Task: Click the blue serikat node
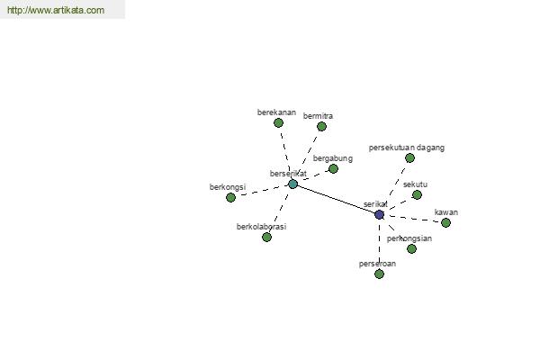[379, 214]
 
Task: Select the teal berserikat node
[292, 184]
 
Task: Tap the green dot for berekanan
[278, 122]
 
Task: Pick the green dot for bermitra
[321, 126]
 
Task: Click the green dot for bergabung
[333, 169]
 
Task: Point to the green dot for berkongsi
[230, 197]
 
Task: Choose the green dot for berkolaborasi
[266, 237]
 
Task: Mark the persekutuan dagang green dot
[409, 158]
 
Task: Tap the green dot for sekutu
[417, 195]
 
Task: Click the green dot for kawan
[445, 223]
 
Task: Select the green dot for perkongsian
[411, 248]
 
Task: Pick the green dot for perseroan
[379, 274]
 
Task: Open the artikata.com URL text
[56, 10]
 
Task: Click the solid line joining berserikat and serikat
[336, 199]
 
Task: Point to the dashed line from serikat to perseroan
[379, 244]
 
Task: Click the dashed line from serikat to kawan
[412, 219]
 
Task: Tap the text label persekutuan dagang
[407, 148]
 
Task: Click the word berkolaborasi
[261, 227]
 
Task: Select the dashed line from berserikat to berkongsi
[262, 191]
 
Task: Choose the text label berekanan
[276, 112]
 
